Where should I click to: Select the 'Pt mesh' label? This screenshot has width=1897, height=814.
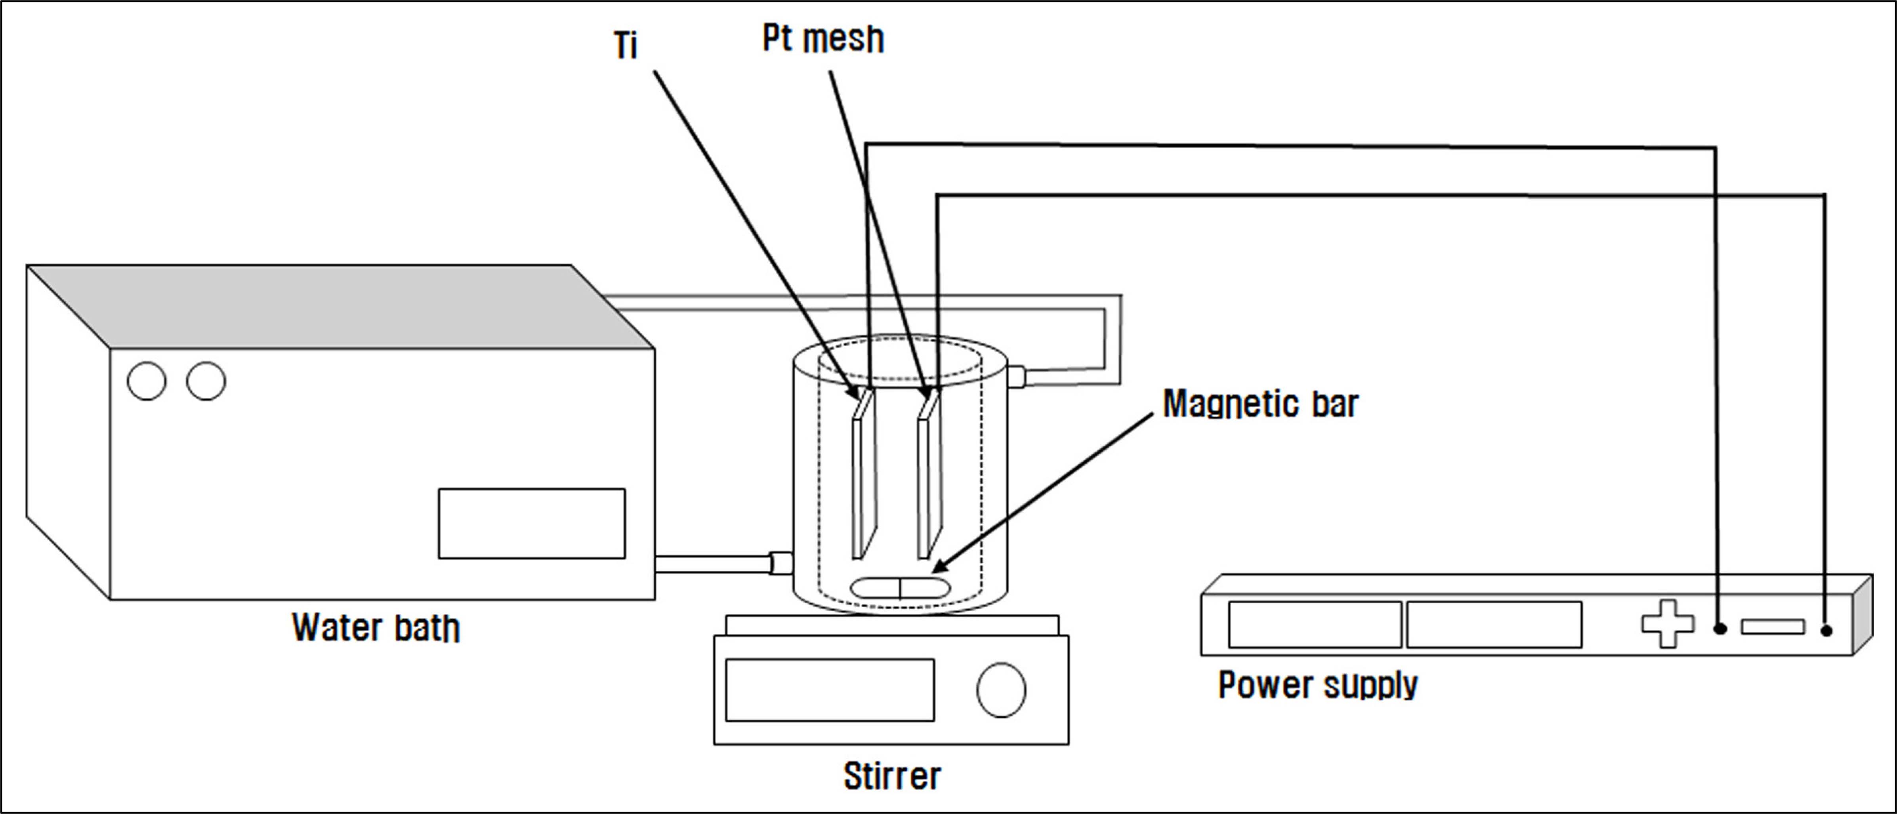pyautogui.click(x=823, y=39)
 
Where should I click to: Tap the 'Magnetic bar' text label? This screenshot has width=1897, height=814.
pyautogui.click(x=1260, y=404)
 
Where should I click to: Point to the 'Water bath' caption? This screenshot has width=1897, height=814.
pyautogui.click(x=376, y=628)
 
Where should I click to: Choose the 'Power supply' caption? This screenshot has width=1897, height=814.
pyautogui.click(x=1317, y=685)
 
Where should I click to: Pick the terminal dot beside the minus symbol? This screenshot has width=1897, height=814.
pyautogui.click(x=1826, y=630)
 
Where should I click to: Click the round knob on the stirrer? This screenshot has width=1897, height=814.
pyautogui.click(x=1001, y=690)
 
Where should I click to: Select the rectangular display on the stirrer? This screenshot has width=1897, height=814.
pyautogui.click(x=830, y=690)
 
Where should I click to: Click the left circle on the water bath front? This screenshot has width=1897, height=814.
pyautogui.click(x=147, y=381)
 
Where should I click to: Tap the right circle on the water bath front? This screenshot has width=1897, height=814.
pyautogui.click(x=206, y=381)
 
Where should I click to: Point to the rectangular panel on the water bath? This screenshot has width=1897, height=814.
pyautogui.click(x=532, y=523)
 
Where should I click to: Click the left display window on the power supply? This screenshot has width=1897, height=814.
pyautogui.click(x=1315, y=625)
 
